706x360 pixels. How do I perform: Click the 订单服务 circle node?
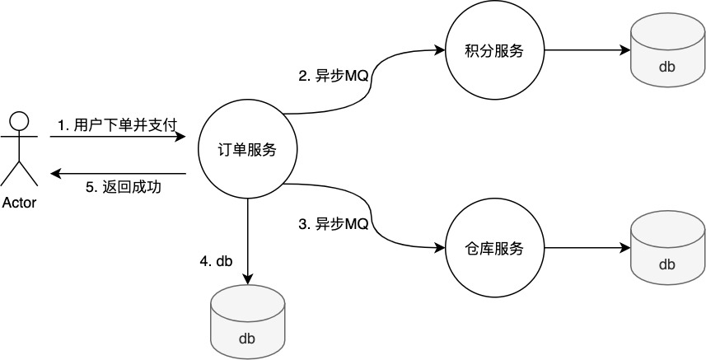(248, 149)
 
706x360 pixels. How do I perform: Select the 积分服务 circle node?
(494, 50)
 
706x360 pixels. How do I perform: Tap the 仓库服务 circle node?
(494, 247)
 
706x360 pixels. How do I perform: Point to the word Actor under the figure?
(19, 203)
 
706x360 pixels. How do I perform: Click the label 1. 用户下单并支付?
(117, 124)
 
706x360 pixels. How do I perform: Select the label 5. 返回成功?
(123, 187)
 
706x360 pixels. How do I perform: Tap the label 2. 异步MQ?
(333, 77)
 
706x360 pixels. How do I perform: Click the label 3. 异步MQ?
(333, 223)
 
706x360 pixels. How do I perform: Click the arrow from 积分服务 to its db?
(586, 50)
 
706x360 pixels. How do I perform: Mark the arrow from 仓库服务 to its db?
(586, 247)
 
